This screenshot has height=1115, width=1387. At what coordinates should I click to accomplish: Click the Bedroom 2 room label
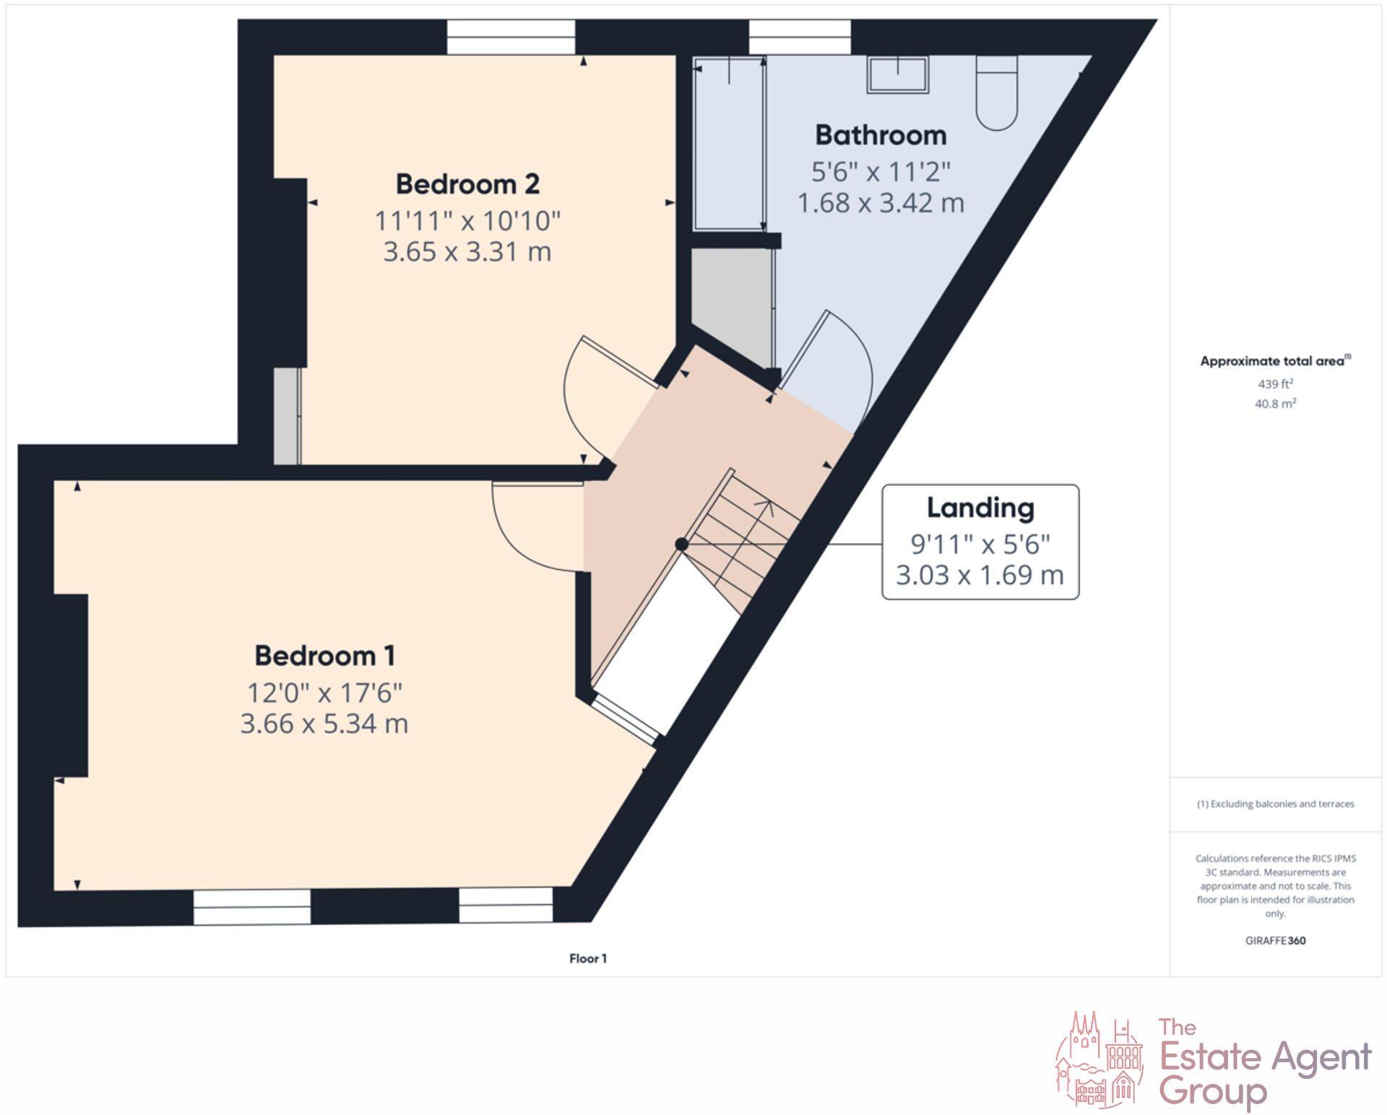point(467,184)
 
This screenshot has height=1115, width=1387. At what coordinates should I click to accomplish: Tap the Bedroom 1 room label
point(324,656)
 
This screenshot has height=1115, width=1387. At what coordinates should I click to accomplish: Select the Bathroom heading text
point(881,136)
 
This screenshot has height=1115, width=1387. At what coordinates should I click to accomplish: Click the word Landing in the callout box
point(980,508)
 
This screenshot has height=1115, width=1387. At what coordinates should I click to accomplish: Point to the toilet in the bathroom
point(996,93)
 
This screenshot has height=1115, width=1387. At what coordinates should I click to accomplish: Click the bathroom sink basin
point(898,75)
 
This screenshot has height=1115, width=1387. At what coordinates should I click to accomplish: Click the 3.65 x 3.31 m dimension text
point(467,252)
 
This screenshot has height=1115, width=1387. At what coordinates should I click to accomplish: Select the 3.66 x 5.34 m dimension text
point(324,724)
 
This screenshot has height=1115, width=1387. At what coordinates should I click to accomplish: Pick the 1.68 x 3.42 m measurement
point(881,203)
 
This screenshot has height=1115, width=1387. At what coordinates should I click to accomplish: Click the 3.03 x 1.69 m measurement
point(980,576)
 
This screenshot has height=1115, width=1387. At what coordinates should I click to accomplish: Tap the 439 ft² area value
point(1275,384)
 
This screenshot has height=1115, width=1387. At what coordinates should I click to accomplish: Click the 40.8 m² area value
point(1275,404)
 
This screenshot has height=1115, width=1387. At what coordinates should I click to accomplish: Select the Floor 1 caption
point(588,958)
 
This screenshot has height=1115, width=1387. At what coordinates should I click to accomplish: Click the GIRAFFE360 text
point(1275,940)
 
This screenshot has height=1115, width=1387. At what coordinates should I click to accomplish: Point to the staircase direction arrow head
point(768,505)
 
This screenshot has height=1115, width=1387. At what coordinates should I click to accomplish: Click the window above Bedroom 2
point(511,37)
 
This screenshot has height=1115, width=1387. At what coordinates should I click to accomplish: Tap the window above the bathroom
point(800,37)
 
